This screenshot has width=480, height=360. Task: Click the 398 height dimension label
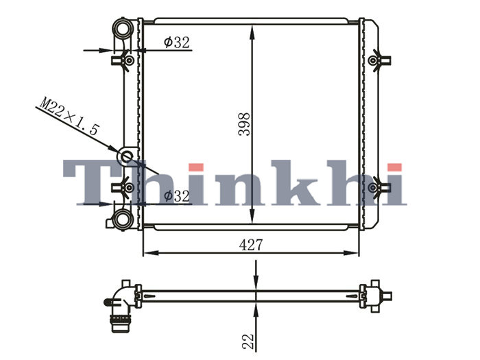pyautogui.click(x=244, y=124)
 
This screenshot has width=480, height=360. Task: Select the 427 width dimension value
pyautogui.click(x=251, y=245)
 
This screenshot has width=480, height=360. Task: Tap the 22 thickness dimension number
pyautogui.click(x=248, y=341)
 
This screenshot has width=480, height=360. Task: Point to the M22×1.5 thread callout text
pyautogui.click(x=69, y=116)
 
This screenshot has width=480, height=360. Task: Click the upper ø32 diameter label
pyautogui.click(x=177, y=43)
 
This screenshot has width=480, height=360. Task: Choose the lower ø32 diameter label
pyautogui.click(x=177, y=196)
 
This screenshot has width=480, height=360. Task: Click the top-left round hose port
pyautogui.click(x=123, y=28)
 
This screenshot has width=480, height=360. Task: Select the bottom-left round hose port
pyautogui.click(x=123, y=219)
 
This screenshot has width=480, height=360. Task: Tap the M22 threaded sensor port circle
pyautogui.click(x=126, y=157)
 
